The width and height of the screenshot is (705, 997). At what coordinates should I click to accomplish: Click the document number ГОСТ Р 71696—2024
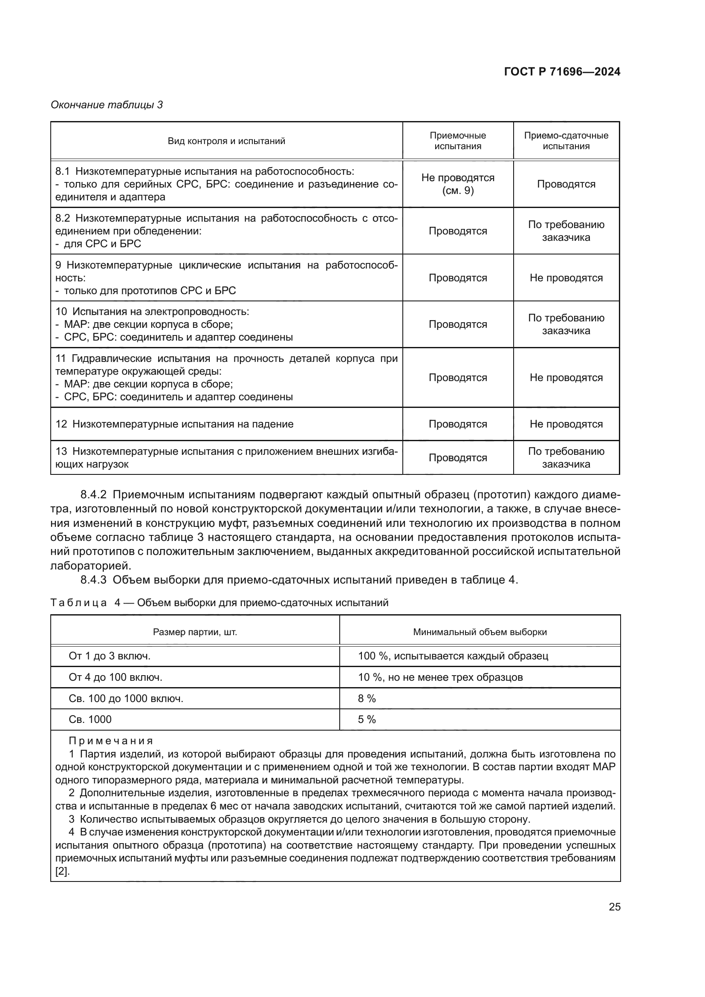click(x=562, y=72)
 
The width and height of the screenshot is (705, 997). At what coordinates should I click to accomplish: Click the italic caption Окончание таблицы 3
click(x=107, y=105)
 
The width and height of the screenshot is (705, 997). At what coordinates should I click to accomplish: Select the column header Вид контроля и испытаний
click(x=226, y=141)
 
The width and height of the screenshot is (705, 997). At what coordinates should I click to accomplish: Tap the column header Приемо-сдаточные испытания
click(x=566, y=141)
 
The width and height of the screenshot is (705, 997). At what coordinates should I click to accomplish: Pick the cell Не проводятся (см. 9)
click(x=457, y=184)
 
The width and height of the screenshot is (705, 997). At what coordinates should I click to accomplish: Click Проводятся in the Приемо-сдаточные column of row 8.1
click(x=566, y=184)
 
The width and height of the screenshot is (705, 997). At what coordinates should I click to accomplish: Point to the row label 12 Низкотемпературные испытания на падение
click(x=174, y=424)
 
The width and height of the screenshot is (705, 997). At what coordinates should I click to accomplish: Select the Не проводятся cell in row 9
click(x=566, y=278)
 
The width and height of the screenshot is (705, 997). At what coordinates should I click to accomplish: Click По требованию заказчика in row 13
click(x=566, y=458)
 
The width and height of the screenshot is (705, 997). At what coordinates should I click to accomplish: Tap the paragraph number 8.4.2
click(x=93, y=494)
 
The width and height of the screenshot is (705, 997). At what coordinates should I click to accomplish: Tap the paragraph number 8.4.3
click(x=93, y=580)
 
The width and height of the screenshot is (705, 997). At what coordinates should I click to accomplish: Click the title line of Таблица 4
click(x=219, y=603)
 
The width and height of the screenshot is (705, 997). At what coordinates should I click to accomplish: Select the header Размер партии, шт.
click(x=195, y=632)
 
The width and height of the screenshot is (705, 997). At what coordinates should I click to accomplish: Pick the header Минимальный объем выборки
click(x=480, y=632)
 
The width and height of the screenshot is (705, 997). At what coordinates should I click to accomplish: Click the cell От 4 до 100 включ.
click(x=116, y=677)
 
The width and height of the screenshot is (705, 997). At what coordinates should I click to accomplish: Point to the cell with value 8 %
click(x=367, y=698)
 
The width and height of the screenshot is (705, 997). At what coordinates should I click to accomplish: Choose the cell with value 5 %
click(x=367, y=720)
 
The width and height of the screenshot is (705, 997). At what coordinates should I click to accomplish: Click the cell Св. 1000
click(x=90, y=720)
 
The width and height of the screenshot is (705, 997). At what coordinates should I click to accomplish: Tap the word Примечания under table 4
click(x=111, y=741)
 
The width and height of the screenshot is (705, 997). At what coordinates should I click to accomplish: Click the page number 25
click(x=614, y=907)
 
